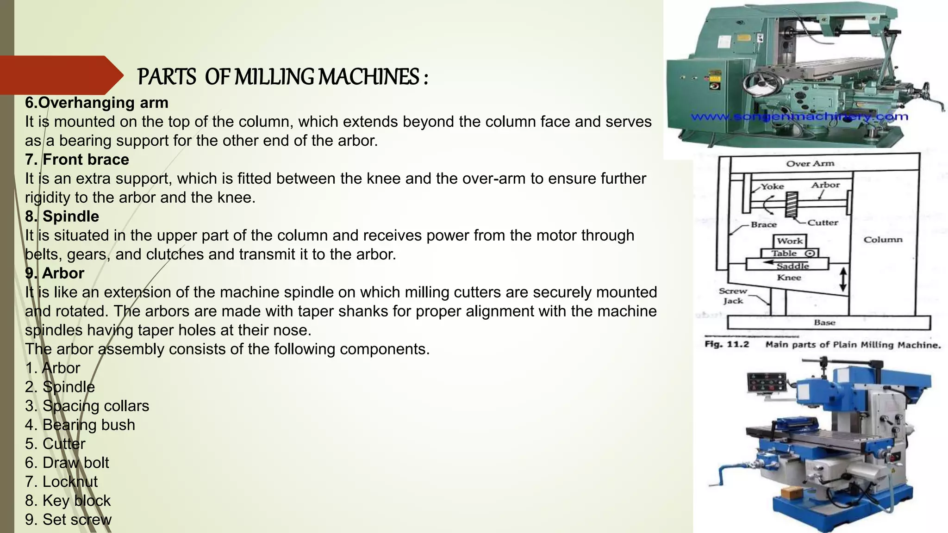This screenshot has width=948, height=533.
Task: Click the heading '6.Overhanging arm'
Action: click(97, 103)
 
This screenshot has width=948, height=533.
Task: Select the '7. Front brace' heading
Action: click(77, 160)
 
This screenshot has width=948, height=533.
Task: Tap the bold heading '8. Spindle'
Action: click(62, 217)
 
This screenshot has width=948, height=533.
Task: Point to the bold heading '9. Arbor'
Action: click(55, 273)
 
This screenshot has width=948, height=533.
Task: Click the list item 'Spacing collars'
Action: click(87, 406)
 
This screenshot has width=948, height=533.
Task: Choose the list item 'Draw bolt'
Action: click(67, 463)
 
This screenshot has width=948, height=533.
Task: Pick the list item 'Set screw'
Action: click(69, 520)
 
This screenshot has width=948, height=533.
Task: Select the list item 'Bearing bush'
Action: click(80, 425)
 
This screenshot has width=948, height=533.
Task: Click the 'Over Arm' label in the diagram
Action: click(810, 163)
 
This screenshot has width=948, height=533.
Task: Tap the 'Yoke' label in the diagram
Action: click(773, 186)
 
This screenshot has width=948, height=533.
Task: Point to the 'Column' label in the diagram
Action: click(883, 240)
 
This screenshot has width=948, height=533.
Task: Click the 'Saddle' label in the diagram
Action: click(792, 266)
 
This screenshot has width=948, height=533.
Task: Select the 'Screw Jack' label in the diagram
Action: click(733, 296)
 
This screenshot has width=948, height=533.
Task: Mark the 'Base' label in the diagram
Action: click(824, 322)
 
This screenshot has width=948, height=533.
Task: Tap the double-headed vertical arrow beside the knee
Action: click(843, 279)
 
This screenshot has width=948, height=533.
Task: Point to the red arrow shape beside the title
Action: click(60, 75)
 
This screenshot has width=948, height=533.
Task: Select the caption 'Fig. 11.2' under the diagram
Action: click(726, 345)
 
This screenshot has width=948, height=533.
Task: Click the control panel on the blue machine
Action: click(766, 383)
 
